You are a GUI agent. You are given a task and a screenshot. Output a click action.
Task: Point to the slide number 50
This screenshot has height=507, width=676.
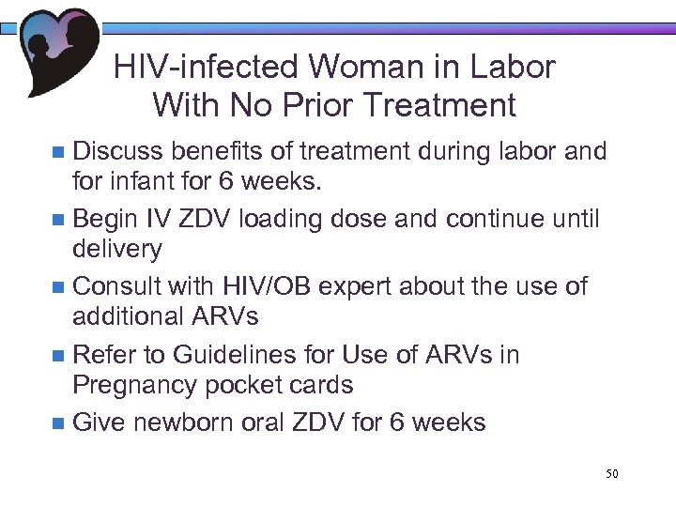(610, 475)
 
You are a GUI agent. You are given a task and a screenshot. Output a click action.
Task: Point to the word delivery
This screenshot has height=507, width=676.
(117, 249)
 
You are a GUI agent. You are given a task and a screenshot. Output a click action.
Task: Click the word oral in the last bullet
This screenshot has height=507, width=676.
(271, 422)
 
